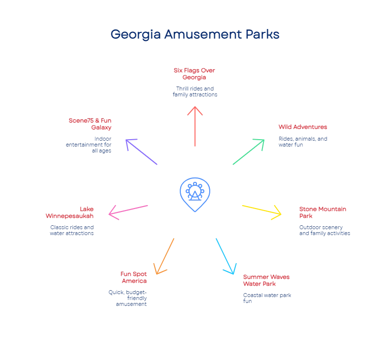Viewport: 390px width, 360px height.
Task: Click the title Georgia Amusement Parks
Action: click(x=195, y=34)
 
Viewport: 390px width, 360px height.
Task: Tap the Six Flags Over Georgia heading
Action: click(x=194, y=74)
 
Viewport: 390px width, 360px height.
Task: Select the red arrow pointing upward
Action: click(x=195, y=126)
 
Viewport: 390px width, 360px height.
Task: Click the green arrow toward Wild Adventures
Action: click(x=249, y=152)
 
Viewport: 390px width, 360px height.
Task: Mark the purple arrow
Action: click(x=141, y=152)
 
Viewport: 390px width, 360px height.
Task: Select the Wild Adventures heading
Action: click(x=303, y=127)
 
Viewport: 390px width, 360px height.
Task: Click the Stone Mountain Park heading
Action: click(x=323, y=212)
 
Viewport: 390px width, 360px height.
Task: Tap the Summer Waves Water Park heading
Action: click(x=266, y=280)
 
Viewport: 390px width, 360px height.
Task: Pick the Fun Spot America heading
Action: click(x=134, y=277)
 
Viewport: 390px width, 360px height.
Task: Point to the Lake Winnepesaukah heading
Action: click(x=69, y=212)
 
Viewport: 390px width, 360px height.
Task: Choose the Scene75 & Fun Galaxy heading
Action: click(x=90, y=124)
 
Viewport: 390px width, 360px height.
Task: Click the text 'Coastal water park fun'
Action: click(x=267, y=298)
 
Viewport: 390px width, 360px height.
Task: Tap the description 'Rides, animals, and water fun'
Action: click(x=303, y=142)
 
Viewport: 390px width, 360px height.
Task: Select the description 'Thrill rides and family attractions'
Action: click(x=195, y=91)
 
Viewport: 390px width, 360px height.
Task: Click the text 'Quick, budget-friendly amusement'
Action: click(x=128, y=298)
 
